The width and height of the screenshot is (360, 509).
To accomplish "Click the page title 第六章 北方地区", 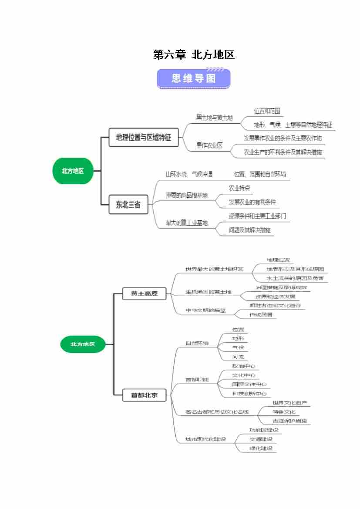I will click(194, 55).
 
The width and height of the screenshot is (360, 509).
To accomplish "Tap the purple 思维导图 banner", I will click(194, 79).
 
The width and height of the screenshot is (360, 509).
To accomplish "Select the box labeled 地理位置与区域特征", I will click(143, 138).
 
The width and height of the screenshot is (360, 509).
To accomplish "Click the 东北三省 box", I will click(128, 204).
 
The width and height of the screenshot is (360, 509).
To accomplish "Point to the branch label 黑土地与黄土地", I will click(214, 118).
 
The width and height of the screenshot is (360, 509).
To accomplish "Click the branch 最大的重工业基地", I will click(186, 223).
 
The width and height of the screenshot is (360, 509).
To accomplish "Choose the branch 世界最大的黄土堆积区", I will click(214, 269).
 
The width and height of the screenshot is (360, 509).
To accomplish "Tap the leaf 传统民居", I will click(261, 314).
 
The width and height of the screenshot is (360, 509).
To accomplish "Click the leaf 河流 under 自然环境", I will click(238, 357).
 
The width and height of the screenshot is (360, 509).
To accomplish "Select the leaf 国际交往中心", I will click(249, 384).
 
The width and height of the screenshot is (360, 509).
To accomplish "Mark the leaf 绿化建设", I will click(261, 448).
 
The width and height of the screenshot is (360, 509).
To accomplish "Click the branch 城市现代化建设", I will click(206, 439).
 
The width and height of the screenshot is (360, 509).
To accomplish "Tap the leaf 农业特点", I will click(239, 189).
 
